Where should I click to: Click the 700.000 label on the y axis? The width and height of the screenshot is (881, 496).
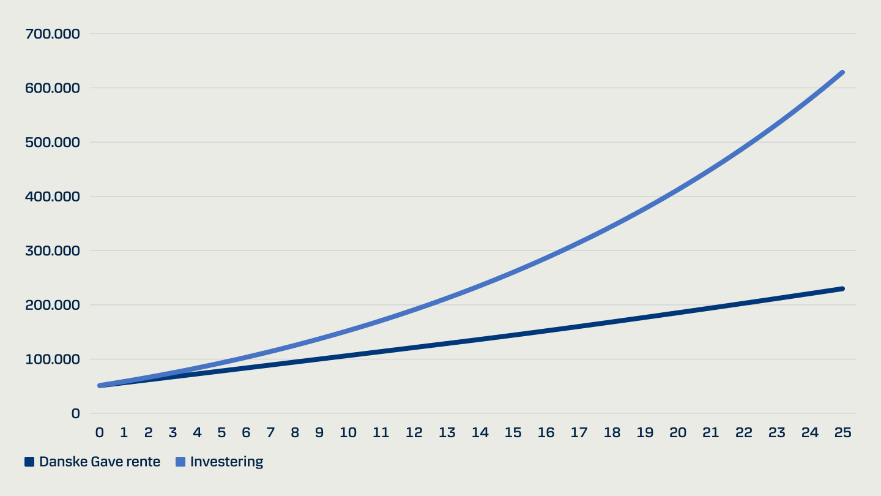point(53,34)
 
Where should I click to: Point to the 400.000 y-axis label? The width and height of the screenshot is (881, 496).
point(53,197)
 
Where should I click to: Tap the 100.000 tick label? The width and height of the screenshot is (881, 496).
point(53,359)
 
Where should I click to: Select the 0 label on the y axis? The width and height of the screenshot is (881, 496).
point(75,413)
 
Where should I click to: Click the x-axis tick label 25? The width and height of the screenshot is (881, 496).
point(842,432)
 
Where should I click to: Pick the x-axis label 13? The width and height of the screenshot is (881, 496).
point(447,432)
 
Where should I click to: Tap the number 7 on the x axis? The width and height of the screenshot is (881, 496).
point(270,432)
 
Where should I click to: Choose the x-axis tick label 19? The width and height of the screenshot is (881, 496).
point(645,432)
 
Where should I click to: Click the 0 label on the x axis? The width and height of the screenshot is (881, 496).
point(99,432)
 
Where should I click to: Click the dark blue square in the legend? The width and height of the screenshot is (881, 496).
point(29,462)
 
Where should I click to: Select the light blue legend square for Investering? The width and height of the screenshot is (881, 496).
point(180,462)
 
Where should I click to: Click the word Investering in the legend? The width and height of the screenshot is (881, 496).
point(226,462)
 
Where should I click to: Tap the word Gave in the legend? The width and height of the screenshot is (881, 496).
point(107,462)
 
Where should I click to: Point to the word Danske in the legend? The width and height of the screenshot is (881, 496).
point(63,462)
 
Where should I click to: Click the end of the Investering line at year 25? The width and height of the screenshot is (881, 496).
point(842,73)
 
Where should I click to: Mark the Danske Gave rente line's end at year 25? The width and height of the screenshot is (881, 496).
point(842,288)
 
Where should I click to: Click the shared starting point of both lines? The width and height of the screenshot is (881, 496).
point(100,385)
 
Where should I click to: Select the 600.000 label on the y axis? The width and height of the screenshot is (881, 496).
point(53,88)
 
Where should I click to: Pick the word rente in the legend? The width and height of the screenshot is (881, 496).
point(144,462)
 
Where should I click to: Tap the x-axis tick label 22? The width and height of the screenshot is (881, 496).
point(743,432)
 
